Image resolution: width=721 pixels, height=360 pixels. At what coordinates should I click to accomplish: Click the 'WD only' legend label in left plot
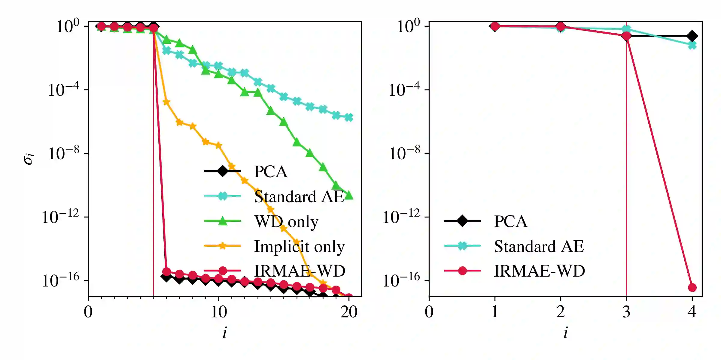[286, 221]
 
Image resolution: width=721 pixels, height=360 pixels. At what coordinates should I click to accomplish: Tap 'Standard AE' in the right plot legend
[539, 246]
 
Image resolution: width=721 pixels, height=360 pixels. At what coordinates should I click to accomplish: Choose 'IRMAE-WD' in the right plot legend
[540, 271]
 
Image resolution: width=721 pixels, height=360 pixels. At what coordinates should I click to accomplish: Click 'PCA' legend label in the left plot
[271, 172]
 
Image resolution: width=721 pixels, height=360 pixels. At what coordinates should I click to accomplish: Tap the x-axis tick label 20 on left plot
[349, 312]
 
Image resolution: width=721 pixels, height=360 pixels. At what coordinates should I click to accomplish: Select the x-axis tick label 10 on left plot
[219, 312]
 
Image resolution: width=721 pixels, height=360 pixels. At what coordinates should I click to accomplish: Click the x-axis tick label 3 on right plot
[626, 312]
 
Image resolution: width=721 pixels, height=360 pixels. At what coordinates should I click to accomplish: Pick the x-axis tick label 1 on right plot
[495, 312]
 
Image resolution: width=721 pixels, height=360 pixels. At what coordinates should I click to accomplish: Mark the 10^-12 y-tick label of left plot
[60, 217]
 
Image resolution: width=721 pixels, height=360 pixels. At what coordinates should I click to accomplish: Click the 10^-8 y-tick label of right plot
[404, 154]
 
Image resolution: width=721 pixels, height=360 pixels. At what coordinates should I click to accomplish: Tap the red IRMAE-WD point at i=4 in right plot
[692, 287]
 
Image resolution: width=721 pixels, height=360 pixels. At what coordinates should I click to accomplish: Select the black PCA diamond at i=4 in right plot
[692, 36]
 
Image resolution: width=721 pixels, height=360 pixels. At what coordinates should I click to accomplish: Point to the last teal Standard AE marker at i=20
[349, 117]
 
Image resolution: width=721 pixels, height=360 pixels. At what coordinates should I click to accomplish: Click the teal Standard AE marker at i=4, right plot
[692, 45]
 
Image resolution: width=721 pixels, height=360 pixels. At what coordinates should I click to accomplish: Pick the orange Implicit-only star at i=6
[166, 102]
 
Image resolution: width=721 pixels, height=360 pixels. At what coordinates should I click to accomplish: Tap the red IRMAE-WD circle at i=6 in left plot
[166, 272]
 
